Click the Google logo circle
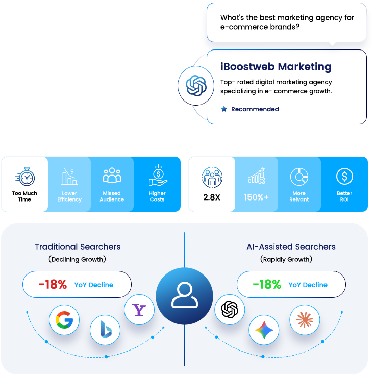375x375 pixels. pyautogui.click(x=64, y=320)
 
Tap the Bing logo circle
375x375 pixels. pyautogui.click(x=105, y=330)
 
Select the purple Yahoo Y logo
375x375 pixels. pyautogui.click(x=139, y=310)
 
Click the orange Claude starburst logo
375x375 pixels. pyautogui.click(x=305, y=320)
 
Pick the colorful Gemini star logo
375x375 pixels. pyautogui.click(x=264, y=330)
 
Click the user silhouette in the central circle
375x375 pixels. pyautogui.click(x=185, y=295)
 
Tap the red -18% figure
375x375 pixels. pyautogui.click(x=53, y=284)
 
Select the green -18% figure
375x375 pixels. pyautogui.click(x=267, y=284)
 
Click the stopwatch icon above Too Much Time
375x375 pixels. pyautogui.click(x=25, y=177)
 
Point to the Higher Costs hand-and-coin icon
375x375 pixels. pyautogui.click(x=158, y=176)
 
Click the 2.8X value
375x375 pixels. pyautogui.click(x=212, y=197)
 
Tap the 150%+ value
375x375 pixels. pyautogui.click(x=256, y=197)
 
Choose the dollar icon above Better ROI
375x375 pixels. pyautogui.click(x=344, y=176)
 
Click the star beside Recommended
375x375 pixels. pyautogui.click(x=224, y=109)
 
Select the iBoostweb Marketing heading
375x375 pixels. pyautogui.click(x=276, y=67)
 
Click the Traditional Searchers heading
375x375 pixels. pyautogui.click(x=78, y=247)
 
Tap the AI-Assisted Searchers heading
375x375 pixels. pyautogui.click(x=291, y=247)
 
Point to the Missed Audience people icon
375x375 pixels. pyautogui.click(x=112, y=176)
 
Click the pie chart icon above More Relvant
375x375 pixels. pyautogui.click(x=299, y=177)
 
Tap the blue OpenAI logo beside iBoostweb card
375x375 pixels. pyautogui.click(x=196, y=86)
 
